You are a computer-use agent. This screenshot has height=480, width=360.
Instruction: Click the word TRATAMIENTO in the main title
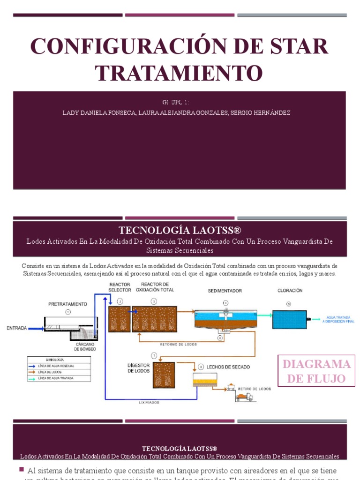click(x=179, y=73)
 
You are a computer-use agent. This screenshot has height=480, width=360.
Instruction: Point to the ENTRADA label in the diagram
click(x=16, y=328)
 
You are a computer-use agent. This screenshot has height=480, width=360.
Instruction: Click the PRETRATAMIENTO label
click(x=67, y=304)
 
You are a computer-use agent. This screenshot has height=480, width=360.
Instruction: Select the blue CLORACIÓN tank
click(x=289, y=320)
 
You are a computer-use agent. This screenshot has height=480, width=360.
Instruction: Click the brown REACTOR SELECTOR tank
click(x=119, y=319)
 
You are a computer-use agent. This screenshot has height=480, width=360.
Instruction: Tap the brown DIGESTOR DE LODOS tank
click(x=164, y=375)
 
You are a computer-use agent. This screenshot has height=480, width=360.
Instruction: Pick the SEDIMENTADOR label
click(x=225, y=291)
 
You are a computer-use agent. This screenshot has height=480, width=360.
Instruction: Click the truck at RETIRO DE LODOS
click(x=244, y=397)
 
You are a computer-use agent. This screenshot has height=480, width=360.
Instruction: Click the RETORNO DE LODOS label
click(x=179, y=344)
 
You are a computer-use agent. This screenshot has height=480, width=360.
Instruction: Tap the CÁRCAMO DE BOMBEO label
click(x=85, y=346)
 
